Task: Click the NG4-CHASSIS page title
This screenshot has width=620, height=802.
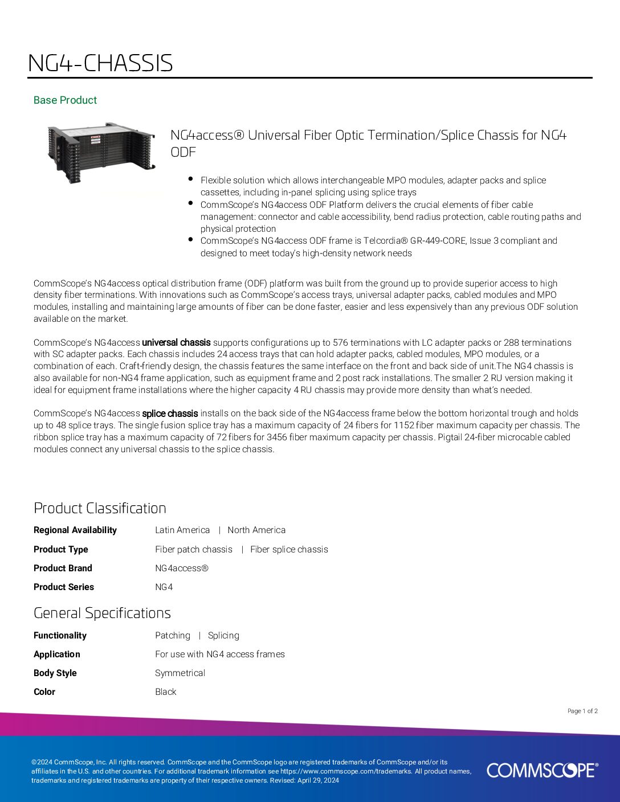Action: point(100,63)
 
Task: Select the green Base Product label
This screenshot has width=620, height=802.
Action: point(65,100)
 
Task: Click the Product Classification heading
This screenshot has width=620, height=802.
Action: point(100,508)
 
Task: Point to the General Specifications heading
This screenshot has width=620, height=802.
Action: point(102,613)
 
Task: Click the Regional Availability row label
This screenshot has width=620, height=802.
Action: point(75,530)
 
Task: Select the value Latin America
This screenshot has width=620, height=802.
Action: point(182,530)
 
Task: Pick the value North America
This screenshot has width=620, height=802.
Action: point(256,530)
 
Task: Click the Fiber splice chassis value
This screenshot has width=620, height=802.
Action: point(289,549)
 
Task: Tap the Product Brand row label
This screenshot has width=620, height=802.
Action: point(63,568)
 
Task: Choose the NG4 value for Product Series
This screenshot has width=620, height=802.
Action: point(164,587)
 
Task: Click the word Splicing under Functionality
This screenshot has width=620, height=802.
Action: point(223,635)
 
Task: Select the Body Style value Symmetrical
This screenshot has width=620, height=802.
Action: point(180,673)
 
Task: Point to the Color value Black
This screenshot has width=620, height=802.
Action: point(166,691)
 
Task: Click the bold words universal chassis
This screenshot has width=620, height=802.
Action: point(176,342)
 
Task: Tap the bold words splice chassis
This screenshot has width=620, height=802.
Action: point(170,414)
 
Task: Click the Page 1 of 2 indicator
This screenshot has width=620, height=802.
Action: point(582,711)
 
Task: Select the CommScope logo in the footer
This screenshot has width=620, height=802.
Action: point(542,770)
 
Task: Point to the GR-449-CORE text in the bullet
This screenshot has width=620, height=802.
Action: point(438,240)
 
